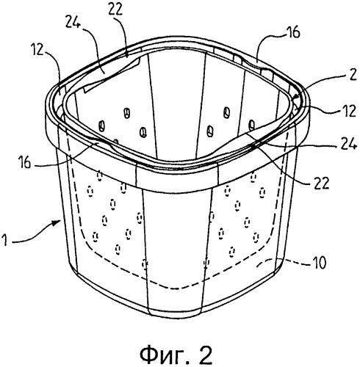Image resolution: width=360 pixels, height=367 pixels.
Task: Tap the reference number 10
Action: tap(318, 263)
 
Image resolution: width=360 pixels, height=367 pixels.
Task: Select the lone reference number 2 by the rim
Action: tap(353, 76)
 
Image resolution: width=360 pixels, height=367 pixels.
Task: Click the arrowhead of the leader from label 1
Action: tap(59, 221)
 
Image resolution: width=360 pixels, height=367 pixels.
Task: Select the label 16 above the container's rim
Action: tap(292, 32)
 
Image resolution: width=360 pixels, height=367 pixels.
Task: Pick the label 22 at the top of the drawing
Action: tap(115, 10)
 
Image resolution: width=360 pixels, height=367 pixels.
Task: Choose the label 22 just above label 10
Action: tap(321, 183)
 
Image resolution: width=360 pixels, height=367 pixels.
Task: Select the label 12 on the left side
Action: tap(38, 51)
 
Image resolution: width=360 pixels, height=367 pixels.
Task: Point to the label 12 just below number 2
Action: tap(348, 112)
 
